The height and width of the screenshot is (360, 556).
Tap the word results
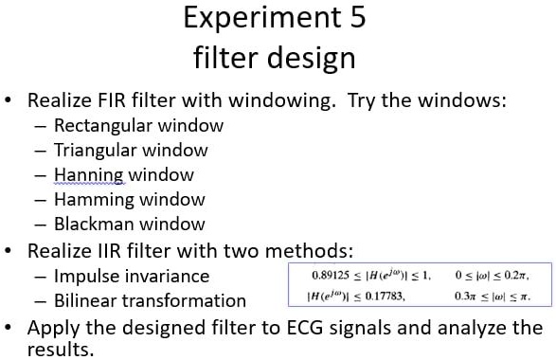pos(63,350)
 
